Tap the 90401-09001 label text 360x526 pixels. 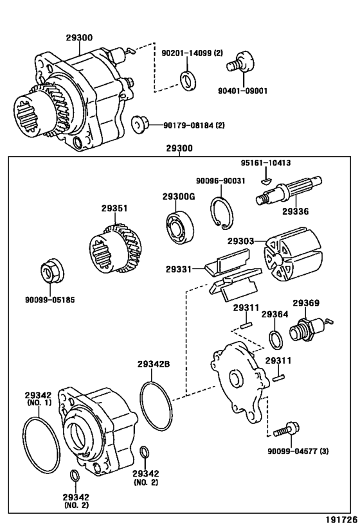click(242, 91)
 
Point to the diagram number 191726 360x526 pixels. click(342, 520)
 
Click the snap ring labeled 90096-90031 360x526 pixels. click(221, 213)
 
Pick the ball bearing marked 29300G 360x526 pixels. click(181, 227)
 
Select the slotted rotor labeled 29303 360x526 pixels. click(292, 254)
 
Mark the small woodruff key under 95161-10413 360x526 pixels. click(265, 181)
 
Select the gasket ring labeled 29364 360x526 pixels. click(276, 340)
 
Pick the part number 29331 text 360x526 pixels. click(178, 269)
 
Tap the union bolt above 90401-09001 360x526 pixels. click(241, 63)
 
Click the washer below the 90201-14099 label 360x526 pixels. click(188, 80)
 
